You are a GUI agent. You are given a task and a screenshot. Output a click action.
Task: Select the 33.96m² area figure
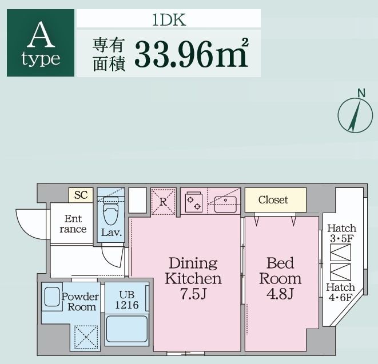click(x=191, y=54)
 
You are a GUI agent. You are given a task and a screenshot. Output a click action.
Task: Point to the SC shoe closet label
click(x=81, y=195)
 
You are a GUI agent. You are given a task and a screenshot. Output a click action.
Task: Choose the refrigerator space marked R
click(x=163, y=201)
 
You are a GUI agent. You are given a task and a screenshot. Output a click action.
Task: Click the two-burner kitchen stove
click(x=194, y=202)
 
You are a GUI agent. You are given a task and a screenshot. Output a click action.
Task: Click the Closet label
click(x=273, y=200)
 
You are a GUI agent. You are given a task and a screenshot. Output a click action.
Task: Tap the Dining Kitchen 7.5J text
click(x=193, y=279)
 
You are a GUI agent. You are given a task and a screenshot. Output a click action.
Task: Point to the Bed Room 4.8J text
click(x=280, y=279)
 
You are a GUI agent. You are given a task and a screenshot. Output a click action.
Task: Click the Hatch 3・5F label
click(x=341, y=233)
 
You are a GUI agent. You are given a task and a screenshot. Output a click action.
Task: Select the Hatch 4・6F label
click(x=341, y=292)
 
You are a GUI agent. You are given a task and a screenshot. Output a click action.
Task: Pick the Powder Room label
click(x=79, y=302)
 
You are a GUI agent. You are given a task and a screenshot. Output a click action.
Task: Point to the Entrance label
click(x=73, y=224)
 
